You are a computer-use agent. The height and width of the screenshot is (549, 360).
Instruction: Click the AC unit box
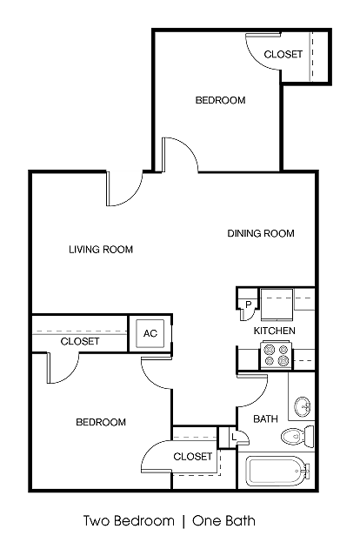click(x=150, y=333)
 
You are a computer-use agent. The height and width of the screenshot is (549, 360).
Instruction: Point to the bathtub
click(x=278, y=472)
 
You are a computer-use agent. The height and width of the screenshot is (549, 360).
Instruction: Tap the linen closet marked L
click(x=233, y=437)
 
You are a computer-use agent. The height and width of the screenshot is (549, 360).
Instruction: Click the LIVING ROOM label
click(x=101, y=250)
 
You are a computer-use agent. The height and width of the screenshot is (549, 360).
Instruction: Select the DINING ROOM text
click(x=261, y=233)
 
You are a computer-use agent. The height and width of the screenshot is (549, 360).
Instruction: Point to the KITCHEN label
click(x=274, y=331)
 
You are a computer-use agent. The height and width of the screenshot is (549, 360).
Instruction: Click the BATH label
click(x=265, y=419)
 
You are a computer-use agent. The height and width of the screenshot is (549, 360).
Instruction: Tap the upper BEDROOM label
click(x=219, y=100)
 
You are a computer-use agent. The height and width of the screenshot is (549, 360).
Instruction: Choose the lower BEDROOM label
click(x=101, y=422)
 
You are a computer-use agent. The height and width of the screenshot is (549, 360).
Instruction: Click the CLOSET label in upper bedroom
click(x=283, y=54)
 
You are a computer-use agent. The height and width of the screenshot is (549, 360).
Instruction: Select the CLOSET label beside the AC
click(x=80, y=342)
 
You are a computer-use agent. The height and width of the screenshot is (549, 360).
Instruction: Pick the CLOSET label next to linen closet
click(x=192, y=457)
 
